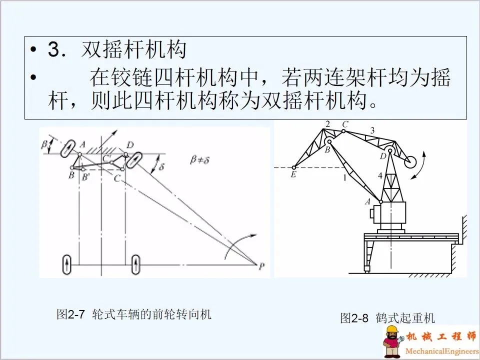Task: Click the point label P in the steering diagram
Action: [261, 266]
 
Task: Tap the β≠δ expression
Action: [200, 160]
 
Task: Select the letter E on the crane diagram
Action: [293, 175]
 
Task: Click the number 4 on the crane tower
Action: [380, 175]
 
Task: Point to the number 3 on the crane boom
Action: [372, 130]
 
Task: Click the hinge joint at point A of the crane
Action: [381, 201]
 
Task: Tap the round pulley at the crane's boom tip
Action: [410, 161]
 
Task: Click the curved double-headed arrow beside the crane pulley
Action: [419, 164]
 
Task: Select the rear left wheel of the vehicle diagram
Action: [66, 264]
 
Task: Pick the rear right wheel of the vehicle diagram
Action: [135, 264]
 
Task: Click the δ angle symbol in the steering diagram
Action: [161, 167]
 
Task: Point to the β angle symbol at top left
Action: [44, 143]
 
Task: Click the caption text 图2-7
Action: [70, 314]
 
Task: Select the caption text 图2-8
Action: [354, 318]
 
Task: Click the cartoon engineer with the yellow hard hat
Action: [393, 341]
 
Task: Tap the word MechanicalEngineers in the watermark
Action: [442, 351]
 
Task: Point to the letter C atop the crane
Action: [345, 124]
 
